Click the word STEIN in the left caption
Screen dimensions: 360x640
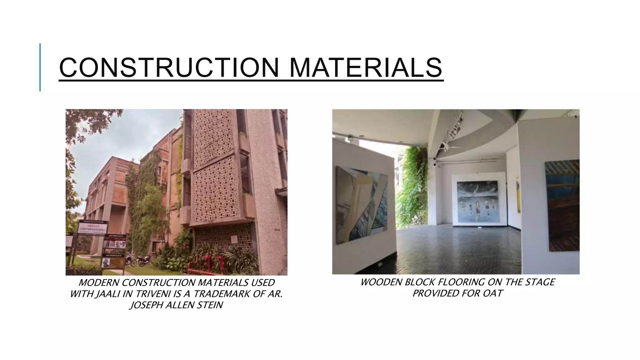coord(210,305)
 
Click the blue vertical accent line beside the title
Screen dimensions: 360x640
coord(40,67)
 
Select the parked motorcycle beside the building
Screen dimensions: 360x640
coord(144,260)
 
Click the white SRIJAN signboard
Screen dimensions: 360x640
coord(93,228)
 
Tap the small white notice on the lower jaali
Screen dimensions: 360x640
coord(234,240)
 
